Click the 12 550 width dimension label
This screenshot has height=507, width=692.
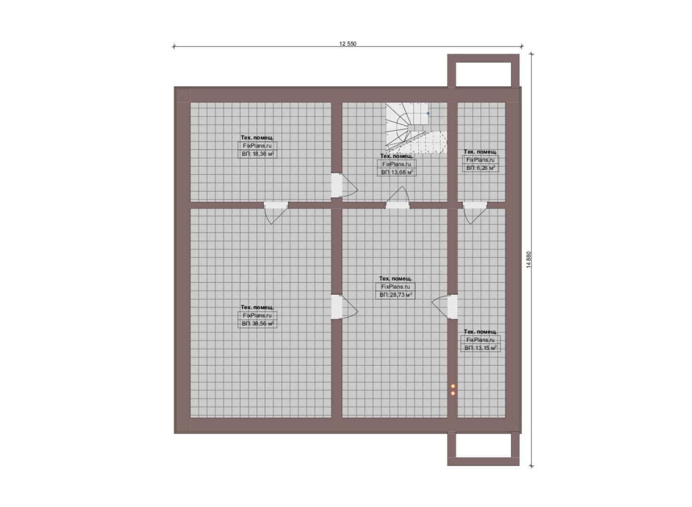tap(347, 44)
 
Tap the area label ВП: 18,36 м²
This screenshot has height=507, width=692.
tap(257, 154)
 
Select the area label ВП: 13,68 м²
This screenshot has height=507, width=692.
tap(397, 172)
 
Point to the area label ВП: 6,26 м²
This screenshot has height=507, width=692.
tap(480, 168)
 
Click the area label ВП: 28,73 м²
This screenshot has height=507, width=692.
tap(395, 295)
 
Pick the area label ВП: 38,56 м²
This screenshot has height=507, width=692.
tap(257, 323)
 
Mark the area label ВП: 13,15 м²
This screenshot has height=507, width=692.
tap(480, 348)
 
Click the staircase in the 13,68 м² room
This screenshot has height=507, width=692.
tap(416, 128)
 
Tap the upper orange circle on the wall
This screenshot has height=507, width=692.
tap(453, 386)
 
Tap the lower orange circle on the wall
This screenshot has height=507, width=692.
tap(453, 393)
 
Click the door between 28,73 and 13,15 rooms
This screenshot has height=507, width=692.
tap(445, 307)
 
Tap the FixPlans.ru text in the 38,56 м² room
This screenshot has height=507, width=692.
tap(257, 315)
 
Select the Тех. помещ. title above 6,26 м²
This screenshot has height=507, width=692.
tap(480, 152)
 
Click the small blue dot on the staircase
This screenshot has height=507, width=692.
tap(428, 114)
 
